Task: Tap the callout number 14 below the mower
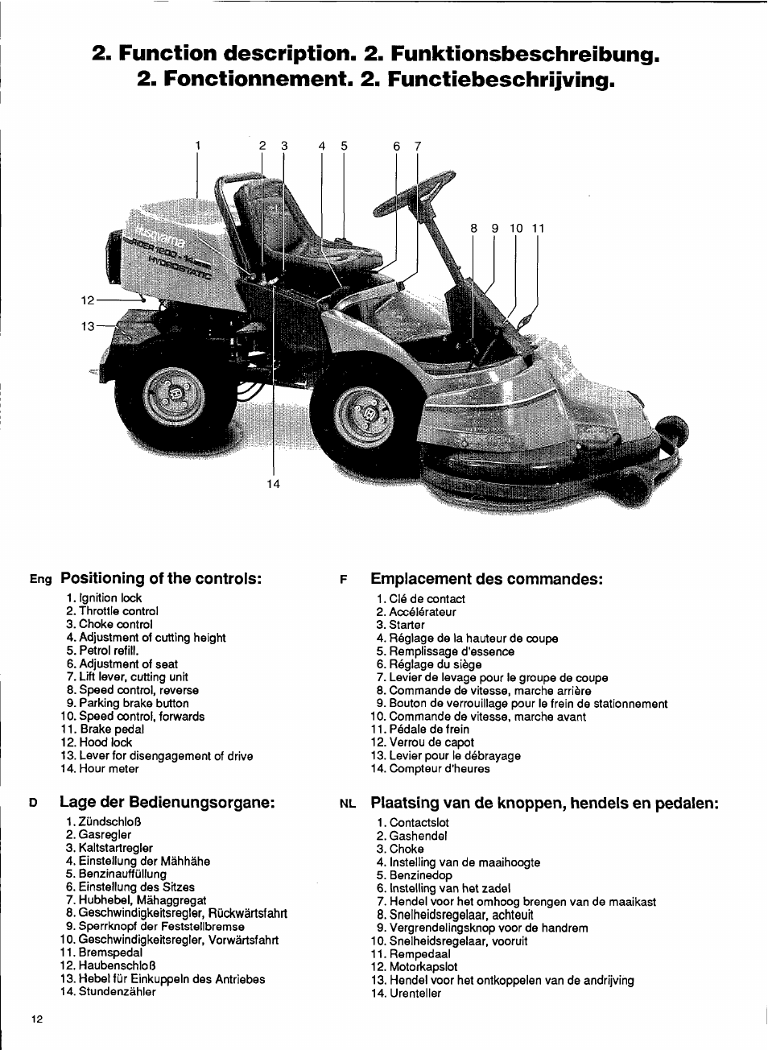(274, 484)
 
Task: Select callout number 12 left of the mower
(88, 300)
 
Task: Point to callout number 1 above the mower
(197, 146)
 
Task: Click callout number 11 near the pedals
(538, 229)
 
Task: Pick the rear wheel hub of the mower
(174, 395)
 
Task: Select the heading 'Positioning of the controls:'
(161, 578)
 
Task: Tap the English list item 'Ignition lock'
(110, 598)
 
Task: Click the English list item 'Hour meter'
(109, 769)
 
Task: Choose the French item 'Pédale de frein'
(429, 730)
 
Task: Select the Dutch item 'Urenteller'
(415, 994)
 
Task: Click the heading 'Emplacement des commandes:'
(486, 579)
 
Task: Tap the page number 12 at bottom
(37, 1019)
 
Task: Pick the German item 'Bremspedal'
(110, 953)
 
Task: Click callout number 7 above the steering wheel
(418, 147)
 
